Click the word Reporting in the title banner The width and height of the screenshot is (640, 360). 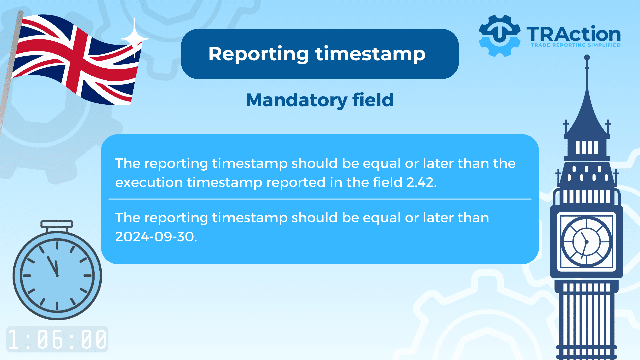[259, 54]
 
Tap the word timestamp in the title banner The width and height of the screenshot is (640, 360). [370, 54]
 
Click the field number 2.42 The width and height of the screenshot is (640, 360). [421, 182]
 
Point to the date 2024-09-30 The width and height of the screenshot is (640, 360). [156, 237]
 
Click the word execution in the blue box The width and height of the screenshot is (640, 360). [149, 182]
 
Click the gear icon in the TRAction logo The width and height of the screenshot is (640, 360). [499, 36]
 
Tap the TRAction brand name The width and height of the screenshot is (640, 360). [574, 34]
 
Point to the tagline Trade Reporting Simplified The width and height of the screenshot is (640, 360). [576, 45]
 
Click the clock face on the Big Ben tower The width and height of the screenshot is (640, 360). [586, 242]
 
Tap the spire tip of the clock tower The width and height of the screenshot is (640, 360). [587, 58]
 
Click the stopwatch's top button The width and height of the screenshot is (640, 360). [57, 224]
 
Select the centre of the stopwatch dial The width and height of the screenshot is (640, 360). [57, 275]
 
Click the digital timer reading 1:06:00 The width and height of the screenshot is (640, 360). [57, 339]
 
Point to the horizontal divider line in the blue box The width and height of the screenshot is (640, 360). [320, 199]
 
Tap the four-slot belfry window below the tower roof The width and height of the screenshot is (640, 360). [587, 148]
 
